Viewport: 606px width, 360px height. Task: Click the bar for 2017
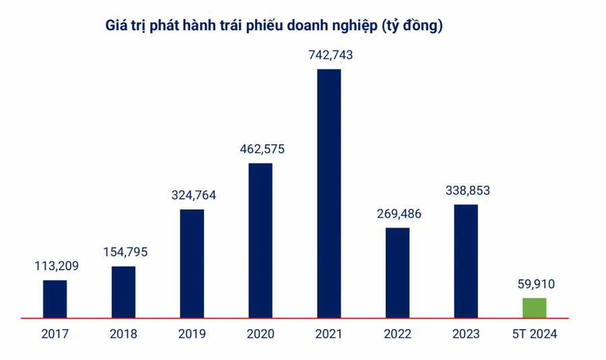pyautogui.click(x=55, y=299)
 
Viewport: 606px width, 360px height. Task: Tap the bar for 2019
pyautogui.click(x=192, y=263)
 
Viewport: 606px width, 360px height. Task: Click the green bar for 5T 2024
pyautogui.click(x=534, y=308)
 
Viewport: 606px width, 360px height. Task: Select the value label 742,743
pyautogui.click(x=329, y=55)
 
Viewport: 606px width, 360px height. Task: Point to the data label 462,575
pyautogui.click(x=261, y=149)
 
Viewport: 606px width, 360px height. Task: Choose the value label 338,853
pyautogui.click(x=467, y=190)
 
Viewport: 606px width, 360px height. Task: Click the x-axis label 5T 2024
pyautogui.click(x=535, y=334)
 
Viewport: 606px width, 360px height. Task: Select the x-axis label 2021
pyautogui.click(x=329, y=334)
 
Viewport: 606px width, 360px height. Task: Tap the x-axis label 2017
pyautogui.click(x=55, y=334)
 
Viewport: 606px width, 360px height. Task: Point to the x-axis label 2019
pyautogui.click(x=192, y=334)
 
